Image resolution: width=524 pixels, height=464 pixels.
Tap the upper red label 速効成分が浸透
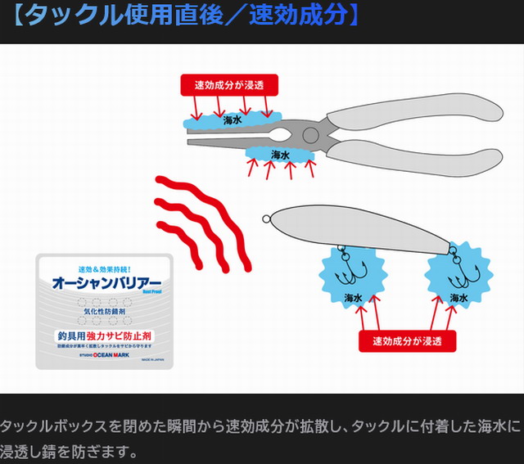[x=229, y=85]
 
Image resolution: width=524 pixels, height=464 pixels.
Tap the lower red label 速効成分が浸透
[x=407, y=340]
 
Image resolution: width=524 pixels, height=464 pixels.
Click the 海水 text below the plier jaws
[x=280, y=155]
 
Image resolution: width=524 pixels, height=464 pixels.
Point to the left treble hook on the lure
[x=352, y=265]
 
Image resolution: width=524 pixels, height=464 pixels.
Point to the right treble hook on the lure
[x=457, y=267]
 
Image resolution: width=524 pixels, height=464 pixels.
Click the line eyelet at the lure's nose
[x=266, y=218]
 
